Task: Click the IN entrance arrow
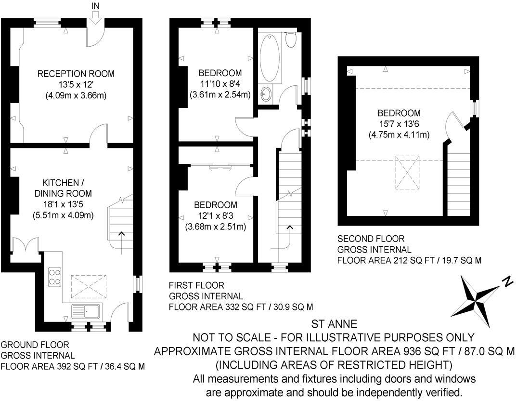[95, 16]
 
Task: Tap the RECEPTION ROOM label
[76, 74]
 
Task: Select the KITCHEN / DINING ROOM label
[60, 188]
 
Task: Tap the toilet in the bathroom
[290, 40]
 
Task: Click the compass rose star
[479, 295]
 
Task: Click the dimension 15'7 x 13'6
[399, 124]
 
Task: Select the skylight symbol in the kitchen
[89, 288]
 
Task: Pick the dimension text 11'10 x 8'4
[220, 84]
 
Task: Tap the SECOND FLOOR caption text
[371, 239]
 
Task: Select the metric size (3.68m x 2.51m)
[216, 227]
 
